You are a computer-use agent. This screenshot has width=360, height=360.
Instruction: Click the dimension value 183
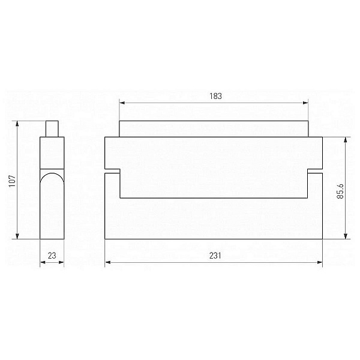215,96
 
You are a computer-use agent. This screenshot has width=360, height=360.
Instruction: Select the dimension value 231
215,256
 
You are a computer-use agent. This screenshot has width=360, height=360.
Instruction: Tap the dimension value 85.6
340,191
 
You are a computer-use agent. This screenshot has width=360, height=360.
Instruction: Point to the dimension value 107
12,181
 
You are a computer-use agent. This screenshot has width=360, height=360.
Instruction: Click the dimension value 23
52,256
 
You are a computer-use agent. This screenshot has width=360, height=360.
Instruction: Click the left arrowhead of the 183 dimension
122,103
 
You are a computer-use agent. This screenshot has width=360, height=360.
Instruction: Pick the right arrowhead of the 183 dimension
305,103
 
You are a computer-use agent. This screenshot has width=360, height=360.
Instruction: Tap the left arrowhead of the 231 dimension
107,262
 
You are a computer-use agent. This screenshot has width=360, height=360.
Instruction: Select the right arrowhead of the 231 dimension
320,262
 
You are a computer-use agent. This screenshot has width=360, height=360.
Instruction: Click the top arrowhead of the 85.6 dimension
346,140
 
